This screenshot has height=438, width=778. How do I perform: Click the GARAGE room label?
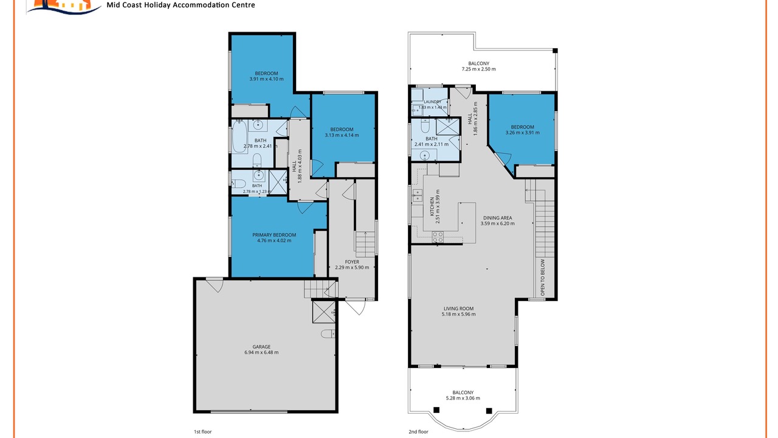(x=261, y=347)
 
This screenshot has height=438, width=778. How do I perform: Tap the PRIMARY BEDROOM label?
(x=274, y=235)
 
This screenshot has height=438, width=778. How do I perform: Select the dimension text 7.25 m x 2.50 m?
(x=478, y=69)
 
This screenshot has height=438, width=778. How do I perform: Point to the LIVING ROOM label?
(x=458, y=308)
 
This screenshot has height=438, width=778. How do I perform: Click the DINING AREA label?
(x=497, y=218)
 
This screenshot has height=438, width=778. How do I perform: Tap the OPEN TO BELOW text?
(x=543, y=277)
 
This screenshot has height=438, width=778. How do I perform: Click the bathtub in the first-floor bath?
(x=239, y=137)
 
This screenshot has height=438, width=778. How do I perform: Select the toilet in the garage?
(x=328, y=334)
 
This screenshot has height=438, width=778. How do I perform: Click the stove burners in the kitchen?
(x=438, y=237)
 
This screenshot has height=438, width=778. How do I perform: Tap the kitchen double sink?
(x=417, y=195)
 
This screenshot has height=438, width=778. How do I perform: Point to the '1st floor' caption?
(x=202, y=432)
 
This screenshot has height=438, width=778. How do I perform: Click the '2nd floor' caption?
(x=418, y=432)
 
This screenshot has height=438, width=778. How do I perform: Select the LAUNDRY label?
(x=432, y=102)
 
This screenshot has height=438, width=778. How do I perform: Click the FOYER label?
(x=352, y=262)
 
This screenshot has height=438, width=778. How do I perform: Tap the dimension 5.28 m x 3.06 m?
(x=463, y=398)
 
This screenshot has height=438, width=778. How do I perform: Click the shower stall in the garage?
(x=324, y=312)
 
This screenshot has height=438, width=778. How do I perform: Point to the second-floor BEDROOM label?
(x=522, y=127)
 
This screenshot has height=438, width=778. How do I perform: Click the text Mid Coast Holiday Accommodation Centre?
(x=181, y=5)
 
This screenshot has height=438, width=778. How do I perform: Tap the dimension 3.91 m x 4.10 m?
(x=266, y=79)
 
